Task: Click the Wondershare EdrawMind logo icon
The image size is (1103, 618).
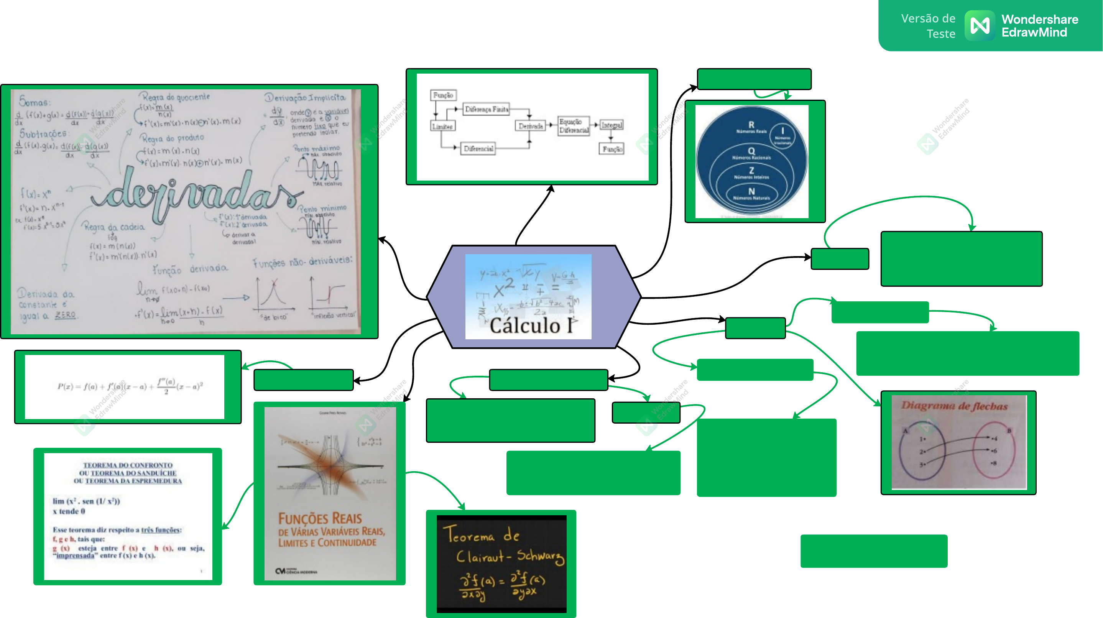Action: coord(979,26)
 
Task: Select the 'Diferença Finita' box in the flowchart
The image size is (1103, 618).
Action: coord(487,110)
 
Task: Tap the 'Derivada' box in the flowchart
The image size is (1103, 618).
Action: coord(530,126)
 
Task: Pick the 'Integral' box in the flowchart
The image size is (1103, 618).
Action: coord(611,125)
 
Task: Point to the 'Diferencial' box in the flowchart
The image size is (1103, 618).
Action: coord(478,149)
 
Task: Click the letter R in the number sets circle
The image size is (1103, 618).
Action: coord(751,125)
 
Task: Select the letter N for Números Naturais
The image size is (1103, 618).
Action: coord(751,191)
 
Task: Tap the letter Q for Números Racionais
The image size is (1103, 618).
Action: coord(751,151)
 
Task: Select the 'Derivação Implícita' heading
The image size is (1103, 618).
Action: coord(305,98)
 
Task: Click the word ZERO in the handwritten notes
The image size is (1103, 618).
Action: coord(65,315)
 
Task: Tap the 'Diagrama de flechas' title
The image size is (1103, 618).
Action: coord(954,406)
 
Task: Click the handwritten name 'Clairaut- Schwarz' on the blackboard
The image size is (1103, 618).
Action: coord(510,556)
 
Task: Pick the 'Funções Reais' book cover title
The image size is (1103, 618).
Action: coord(320,519)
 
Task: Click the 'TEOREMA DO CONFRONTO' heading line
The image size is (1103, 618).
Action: coord(128,465)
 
